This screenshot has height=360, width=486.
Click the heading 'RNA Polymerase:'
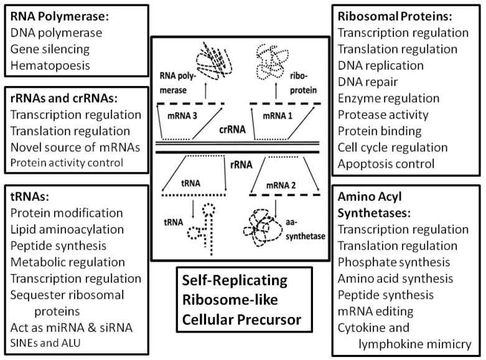click(x=60, y=17)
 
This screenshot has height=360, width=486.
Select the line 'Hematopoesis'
click(x=50, y=65)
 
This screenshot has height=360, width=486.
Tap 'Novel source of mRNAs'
click(x=75, y=148)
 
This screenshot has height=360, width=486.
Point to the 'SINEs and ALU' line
click(x=45, y=343)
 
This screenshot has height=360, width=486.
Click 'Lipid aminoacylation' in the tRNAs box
click(x=67, y=230)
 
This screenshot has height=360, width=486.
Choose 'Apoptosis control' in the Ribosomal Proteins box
click(x=386, y=164)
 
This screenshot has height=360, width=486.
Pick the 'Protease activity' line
click(x=383, y=115)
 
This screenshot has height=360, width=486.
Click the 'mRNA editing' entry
click(x=375, y=311)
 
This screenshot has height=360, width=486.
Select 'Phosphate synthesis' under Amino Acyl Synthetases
click(x=394, y=262)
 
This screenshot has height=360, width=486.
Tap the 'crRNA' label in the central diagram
click(x=232, y=129)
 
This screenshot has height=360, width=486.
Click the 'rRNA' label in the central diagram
click(x=241, y=164)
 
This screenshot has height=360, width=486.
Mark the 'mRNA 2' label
click(x=281, y=186)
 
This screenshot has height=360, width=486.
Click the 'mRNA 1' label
click(x=278, y=116)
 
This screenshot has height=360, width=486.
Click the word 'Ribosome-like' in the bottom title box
click(x=230, y=300)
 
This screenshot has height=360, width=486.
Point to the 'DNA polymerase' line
click(x=56, y=33)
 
